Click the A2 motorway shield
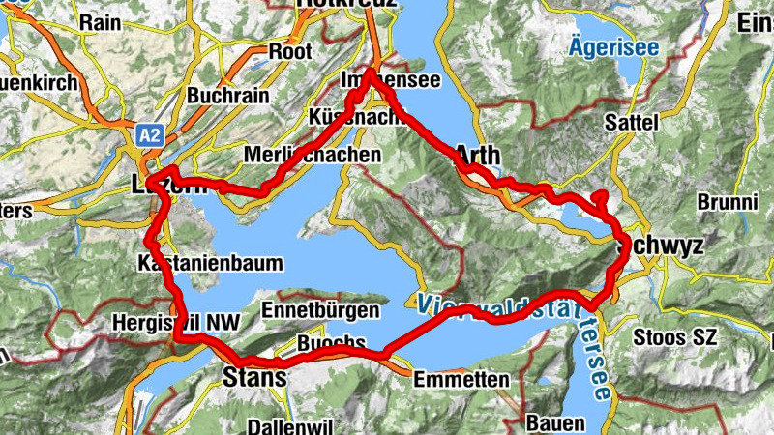pos(149,136)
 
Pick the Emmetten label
pos(461,380)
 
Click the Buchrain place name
pos(224,97)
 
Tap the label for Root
pos(290,50)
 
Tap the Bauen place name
pos(555,423)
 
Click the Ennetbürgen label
pos(320,310)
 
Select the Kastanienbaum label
pos(211,263)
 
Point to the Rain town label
pos(100,21)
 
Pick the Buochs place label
pos(331,343)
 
